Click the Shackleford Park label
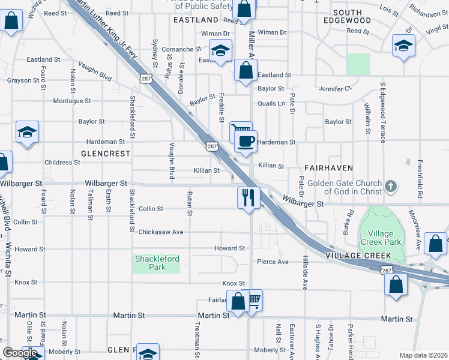(157, 263)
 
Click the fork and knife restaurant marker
(249, 196)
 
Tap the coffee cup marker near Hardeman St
(246, 142)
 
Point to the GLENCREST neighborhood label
(105, 154)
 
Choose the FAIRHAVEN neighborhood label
(328, 167)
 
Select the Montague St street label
(71, 101)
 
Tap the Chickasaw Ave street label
(160, 232)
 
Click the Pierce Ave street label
(273, 262)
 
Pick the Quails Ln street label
(271, 103)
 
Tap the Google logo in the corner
(20, 353)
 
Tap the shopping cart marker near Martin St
(253, 299)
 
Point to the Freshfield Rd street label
(420, 187)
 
